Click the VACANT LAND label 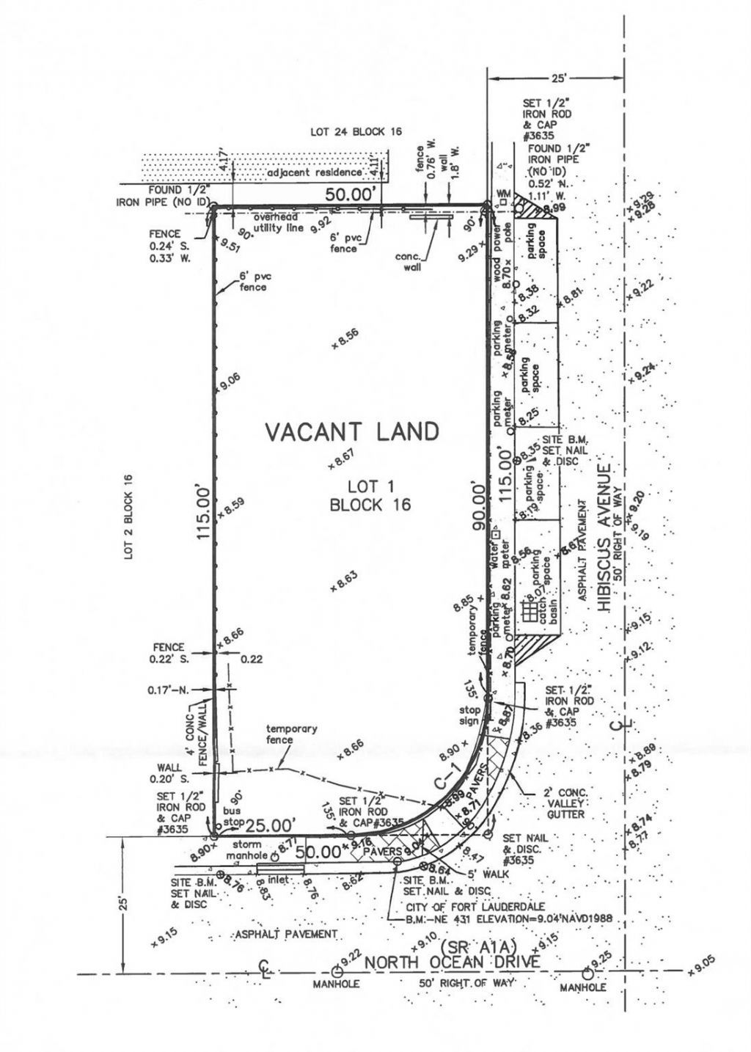(x=351, y=431)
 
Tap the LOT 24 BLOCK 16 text (x=356, y=133)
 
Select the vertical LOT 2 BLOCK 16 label (x=129, y=516)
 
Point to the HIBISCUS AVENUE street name (x=604, y=537)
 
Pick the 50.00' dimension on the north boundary (x=355, y=194)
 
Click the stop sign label (x=469, y=715)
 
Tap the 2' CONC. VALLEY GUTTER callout (x=564, y=804)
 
